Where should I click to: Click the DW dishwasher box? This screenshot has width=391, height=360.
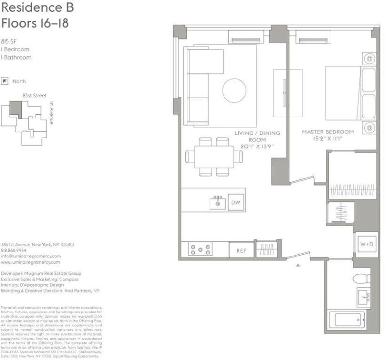[236, 202]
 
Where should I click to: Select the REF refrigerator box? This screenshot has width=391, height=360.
[241, 251]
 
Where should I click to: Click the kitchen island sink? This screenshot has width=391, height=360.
[218, 203]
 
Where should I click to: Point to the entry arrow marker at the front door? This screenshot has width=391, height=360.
[297, 266]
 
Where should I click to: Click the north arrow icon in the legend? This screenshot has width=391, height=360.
[5, 81]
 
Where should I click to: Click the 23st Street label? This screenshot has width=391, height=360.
[35, 96]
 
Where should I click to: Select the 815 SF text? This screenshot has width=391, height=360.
[9, 41]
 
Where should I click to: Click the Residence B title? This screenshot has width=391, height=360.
[37, 8]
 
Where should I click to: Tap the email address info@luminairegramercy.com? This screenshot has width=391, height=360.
[31, 256]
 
